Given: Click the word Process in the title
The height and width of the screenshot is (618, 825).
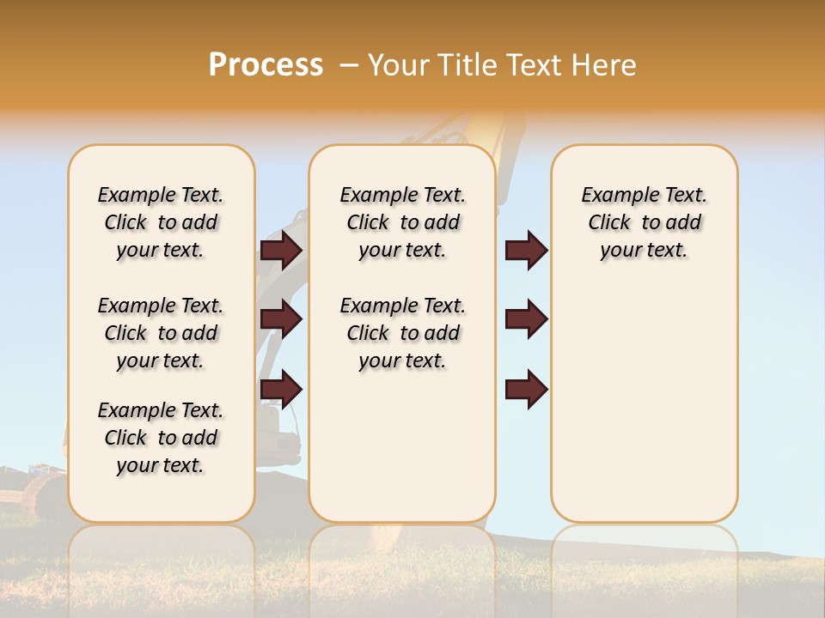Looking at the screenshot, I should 266,64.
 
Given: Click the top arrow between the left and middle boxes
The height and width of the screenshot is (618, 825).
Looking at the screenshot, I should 282,250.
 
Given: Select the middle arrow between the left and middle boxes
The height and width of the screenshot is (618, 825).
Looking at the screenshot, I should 282,320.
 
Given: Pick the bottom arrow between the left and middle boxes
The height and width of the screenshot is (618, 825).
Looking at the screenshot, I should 282,389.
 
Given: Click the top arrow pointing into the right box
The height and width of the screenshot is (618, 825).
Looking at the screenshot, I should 526,250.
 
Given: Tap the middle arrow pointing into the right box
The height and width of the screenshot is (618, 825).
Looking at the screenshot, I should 526,319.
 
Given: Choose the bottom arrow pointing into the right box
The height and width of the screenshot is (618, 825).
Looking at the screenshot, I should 526,389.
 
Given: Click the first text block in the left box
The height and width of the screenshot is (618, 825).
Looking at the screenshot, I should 161,222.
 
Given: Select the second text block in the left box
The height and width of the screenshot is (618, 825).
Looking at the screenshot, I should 161,333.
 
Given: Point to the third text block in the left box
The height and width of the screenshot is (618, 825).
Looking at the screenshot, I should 161,438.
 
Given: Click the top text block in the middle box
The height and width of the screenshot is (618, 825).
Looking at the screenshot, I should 402,222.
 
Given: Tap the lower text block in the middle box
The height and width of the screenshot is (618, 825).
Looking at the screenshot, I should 402,333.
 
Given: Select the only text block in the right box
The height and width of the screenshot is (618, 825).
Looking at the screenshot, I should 644,222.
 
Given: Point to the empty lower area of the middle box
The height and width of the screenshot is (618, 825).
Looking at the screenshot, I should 402,446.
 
